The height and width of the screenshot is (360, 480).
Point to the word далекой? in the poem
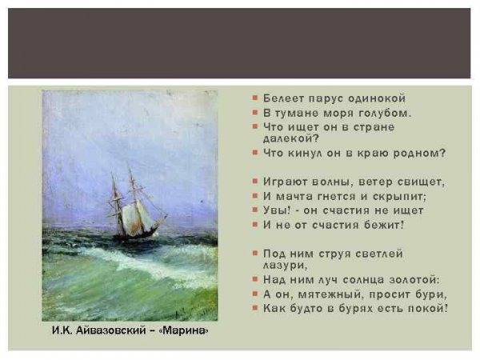coord(291,138)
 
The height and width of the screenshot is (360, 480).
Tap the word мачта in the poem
coord(294,196)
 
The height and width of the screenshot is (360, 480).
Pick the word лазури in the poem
coord(285,265)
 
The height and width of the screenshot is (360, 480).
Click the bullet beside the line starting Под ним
coord(254,253)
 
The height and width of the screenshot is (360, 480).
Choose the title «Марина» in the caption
coord(184,330)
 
